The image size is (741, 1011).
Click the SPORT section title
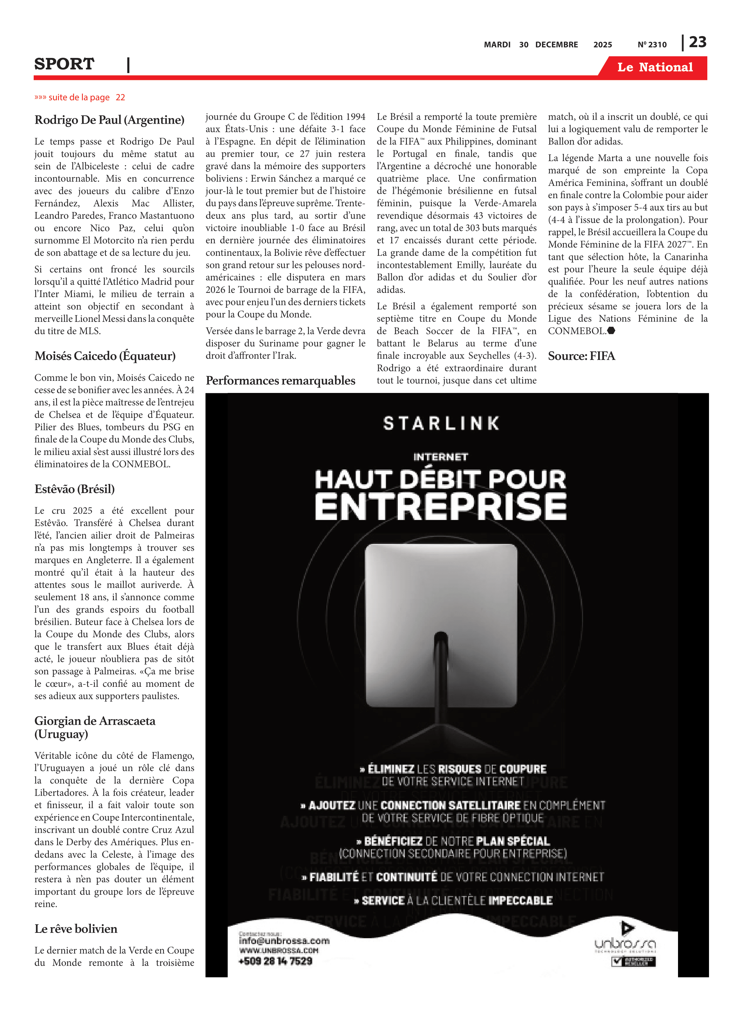[x=64, y=64]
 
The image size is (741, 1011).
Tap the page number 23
[x=698, y=42]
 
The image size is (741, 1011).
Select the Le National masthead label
[x=655, y=67]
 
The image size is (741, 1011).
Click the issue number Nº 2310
[x=652, y=45]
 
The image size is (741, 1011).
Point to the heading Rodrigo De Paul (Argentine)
[x=109, y=120]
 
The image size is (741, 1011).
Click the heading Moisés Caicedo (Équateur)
[x=105, y=356]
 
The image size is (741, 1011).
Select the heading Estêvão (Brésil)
[x=74, y=489]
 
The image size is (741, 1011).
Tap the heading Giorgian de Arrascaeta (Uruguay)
[x=95, y=727]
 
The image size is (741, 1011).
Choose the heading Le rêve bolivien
[x=76, y=929]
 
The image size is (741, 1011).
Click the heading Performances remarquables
[x=280, y=381]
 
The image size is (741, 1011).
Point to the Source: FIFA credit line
[x=581, y=356]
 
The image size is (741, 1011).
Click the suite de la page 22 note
[x=80, y=97]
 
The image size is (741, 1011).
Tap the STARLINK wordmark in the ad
[x=441, y=423]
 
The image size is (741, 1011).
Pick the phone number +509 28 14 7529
[x=276, y=961]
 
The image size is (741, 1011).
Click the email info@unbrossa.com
[x=284, y=941]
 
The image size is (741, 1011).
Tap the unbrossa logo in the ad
[x=625, y=944]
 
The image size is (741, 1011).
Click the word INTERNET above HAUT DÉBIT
[x=441, y=457]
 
